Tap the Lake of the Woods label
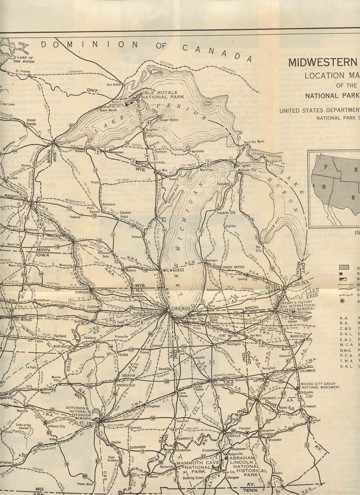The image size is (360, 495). tap(25, 59)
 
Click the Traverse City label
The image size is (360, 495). tap(226, 212)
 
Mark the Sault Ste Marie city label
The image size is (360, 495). tap(253, 142)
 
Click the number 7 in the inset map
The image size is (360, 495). tap(325, 167)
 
